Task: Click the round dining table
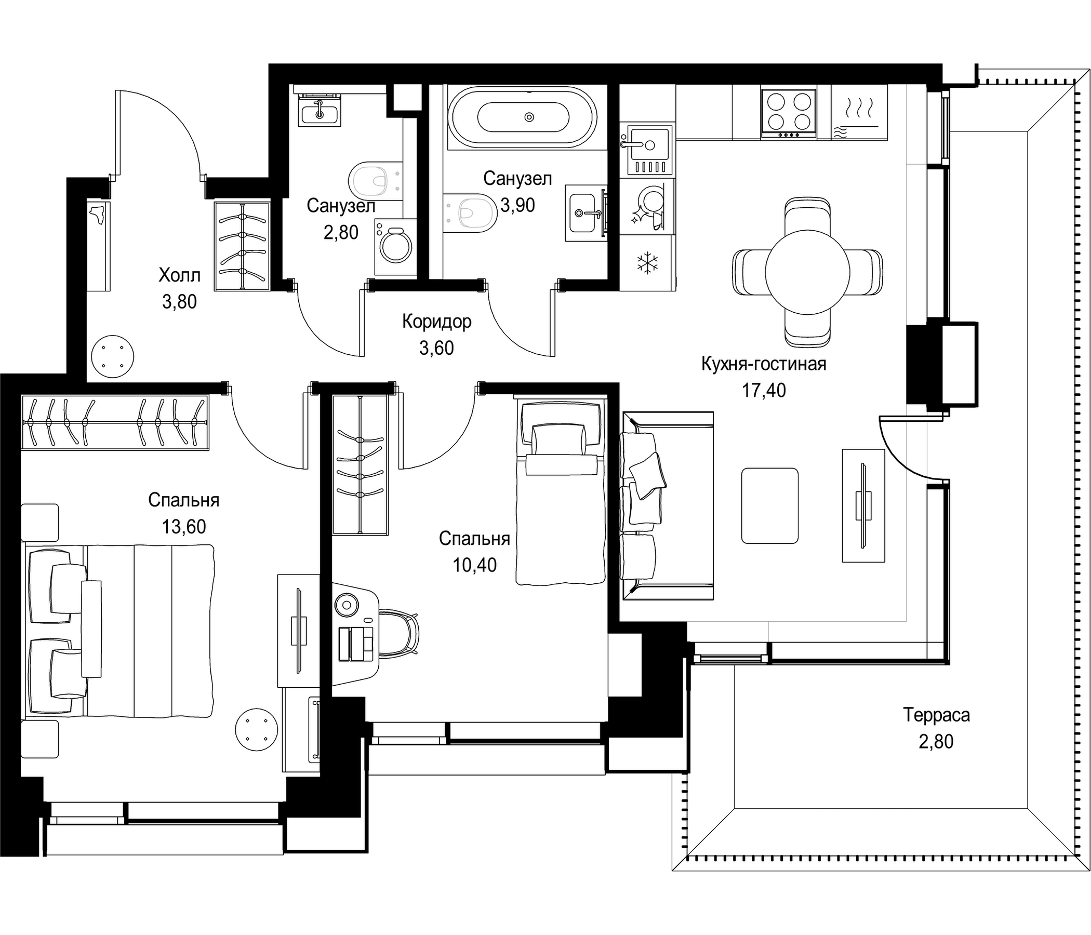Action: click(807, 272)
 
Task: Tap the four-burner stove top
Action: click(789, 113)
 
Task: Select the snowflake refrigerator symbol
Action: click(647, 263)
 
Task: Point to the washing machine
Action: click(395, 246)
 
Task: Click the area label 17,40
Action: click(764, 390)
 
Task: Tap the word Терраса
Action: click(936, 715)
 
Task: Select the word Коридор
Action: click(436, 321)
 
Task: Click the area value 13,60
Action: click(184, 527)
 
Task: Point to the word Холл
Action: click(180, 275)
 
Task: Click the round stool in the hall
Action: click(112, 356)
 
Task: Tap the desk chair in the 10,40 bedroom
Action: click(397, 633)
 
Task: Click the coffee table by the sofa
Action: click(769, 505)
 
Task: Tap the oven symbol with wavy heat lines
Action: click(859, 112)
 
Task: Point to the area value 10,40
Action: click(474, 565)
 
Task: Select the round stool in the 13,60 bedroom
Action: click(256, 730)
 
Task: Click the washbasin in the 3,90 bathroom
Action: click(584, 212)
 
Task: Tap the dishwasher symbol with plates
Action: click(647, 207)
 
